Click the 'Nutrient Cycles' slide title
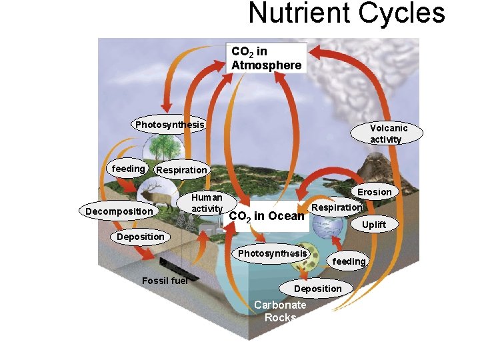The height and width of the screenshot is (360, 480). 346,13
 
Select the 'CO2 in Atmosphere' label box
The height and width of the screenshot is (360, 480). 267,58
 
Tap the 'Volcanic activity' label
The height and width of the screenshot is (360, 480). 389,133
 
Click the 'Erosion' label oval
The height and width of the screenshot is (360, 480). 374,192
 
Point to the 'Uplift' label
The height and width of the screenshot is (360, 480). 373,225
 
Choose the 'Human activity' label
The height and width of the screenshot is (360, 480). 207,203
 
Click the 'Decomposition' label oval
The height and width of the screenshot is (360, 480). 119,211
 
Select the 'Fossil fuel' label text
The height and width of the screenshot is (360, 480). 165,280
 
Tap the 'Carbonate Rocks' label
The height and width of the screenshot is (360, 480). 280,311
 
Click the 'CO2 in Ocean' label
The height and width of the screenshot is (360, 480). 267,216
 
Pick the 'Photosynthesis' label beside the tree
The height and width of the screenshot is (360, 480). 169,125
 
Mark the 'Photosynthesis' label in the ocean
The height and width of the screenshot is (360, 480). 272,253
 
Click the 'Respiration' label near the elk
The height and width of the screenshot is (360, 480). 181,170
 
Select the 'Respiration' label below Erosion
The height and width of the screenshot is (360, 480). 337,207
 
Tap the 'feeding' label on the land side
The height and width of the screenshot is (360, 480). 128,169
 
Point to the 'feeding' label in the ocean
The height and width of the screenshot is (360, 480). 349,261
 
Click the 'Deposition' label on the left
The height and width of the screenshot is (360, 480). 140,237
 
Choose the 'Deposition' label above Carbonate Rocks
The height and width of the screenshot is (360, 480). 317,288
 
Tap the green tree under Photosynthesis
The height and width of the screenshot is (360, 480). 159,148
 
